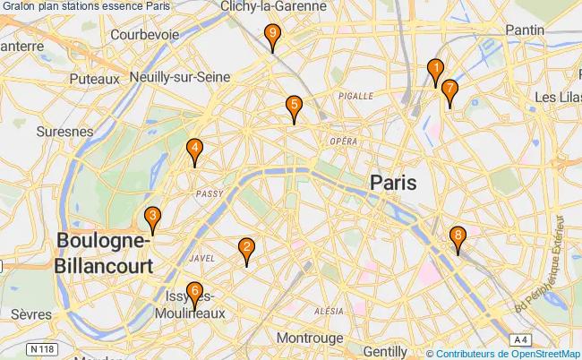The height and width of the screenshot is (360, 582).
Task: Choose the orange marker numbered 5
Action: point(294,106)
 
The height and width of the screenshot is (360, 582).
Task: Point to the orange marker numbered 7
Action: point(449,90)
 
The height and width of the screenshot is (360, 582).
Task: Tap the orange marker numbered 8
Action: point(458,238)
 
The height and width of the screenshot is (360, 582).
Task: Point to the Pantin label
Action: point(525,30)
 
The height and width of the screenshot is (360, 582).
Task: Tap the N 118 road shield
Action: point(38,347)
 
